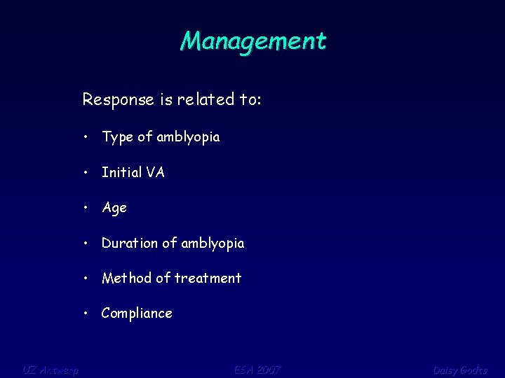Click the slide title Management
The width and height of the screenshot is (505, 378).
pyautogui.click(x=252, y=41)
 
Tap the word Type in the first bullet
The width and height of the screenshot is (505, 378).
pyautogui.click(x=118, y=138)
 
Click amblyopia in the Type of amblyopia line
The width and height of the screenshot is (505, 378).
pyautogui.click(x=188, y=138)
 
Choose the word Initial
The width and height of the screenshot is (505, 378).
pyautogui.click(x=121, y=172)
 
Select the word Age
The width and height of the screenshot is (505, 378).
pyautogui.click(x=114, y=208)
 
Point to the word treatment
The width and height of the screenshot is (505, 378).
pyautogui.click(x=208, y=278)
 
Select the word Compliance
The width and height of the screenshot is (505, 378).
pyautogui.click(x=137, y=314)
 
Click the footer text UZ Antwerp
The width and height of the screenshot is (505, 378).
pyautogui.click(x=50, y=370)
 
